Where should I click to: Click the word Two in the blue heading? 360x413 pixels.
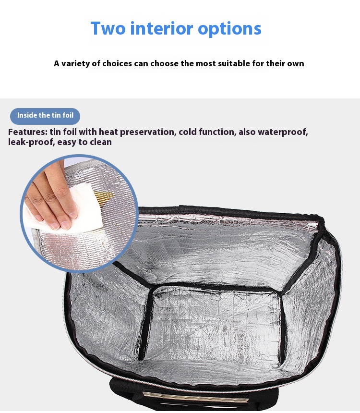tap(108, 28)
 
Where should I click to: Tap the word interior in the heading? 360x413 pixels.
tap(162, 28)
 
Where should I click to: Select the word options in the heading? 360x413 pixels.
tap(229, 29)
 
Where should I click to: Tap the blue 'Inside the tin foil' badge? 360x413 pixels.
tap(45, 116)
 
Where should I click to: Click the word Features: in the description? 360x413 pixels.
tap(28, 132)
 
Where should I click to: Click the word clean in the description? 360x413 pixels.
tap(101, 142)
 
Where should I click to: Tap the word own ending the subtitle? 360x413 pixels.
tap(296, 64)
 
